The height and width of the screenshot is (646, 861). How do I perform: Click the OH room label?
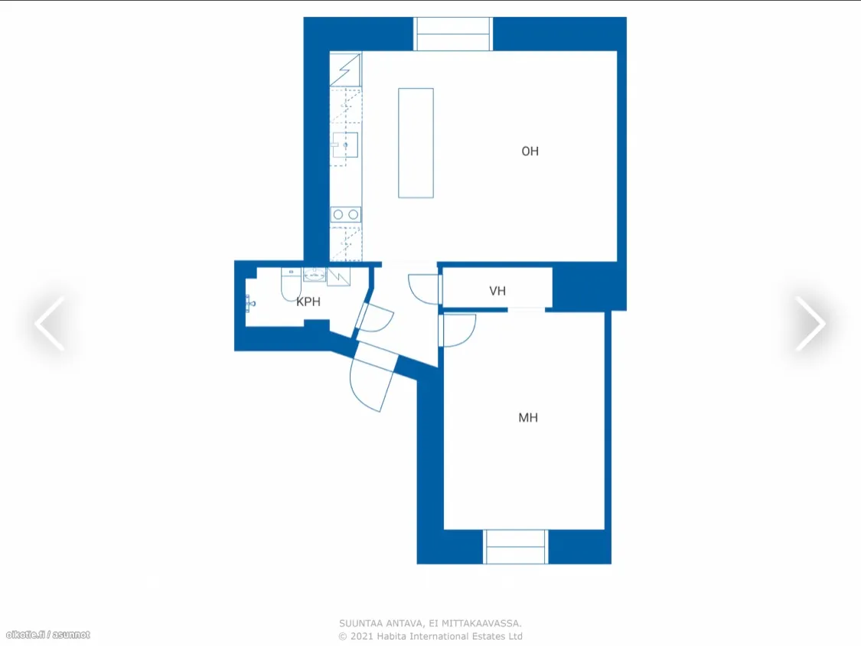[x=530, y=151]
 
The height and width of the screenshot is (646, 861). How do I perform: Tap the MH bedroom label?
[x=527, y=417]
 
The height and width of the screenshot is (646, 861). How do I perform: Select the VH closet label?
[x=497, y=291]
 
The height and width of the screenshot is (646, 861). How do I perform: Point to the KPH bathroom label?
[x=308, y=302]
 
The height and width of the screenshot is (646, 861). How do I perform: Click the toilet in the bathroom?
[x=291, y=283]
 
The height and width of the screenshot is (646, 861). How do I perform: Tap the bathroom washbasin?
[x=315, y=275]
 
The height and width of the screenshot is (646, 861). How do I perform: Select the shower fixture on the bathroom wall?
[x=249, y=303]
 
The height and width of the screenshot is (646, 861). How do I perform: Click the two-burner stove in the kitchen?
[x=346, y=214]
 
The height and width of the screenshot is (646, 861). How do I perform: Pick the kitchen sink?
[x=345, y=145]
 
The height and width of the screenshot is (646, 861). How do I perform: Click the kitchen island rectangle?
[x=416, y=143]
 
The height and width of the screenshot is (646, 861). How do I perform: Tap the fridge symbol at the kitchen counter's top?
[x=345, y=69]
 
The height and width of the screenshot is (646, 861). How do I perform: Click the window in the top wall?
[x=453, y=34]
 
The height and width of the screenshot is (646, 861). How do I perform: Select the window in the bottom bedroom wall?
[x=516, y=546]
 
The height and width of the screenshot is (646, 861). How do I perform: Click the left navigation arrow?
[x=50, y=323]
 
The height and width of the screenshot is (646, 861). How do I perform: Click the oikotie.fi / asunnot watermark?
[x=47, y=635]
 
